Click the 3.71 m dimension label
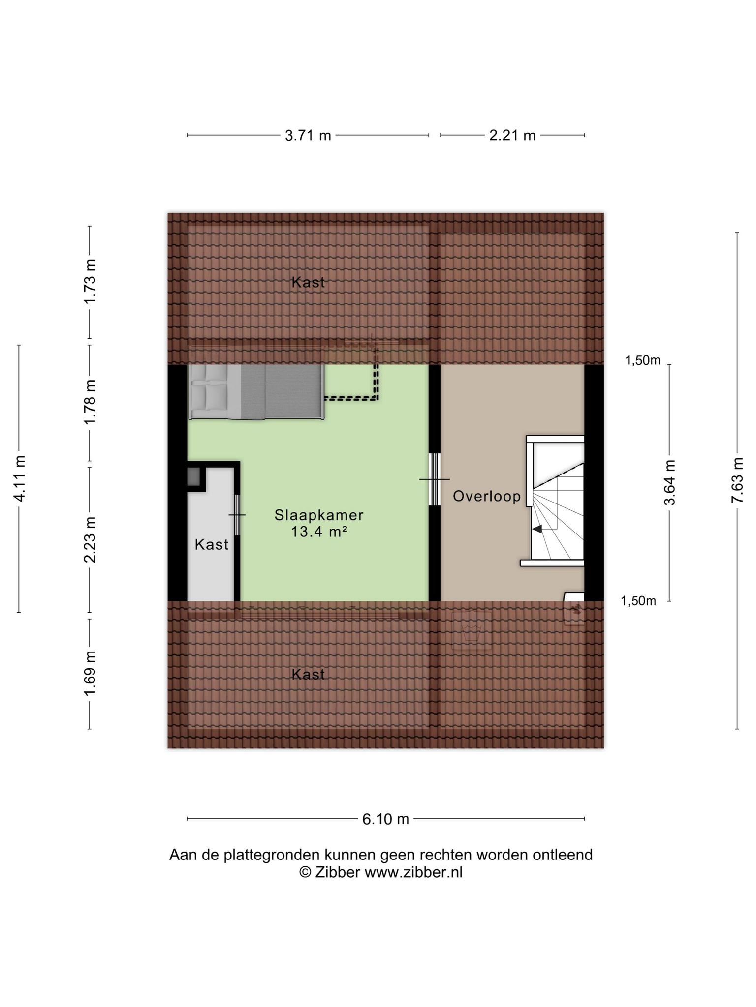[308, 135]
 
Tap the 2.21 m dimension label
[512, 135]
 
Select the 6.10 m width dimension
[386, 819]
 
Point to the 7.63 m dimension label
[737, 480]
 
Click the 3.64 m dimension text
[669, 482]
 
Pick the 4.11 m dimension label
[20, 478]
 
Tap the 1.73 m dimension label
[90, 282]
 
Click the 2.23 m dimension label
[90, 539]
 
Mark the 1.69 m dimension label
[90, 674]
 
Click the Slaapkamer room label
[319, 515]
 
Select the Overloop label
[487, 496]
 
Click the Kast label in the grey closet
[212, 544]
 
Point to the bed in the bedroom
[256, 392]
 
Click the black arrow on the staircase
[537, 529]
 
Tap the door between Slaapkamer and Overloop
[435, 479]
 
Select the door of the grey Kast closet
[237, 515]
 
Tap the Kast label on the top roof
[308, 282]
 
